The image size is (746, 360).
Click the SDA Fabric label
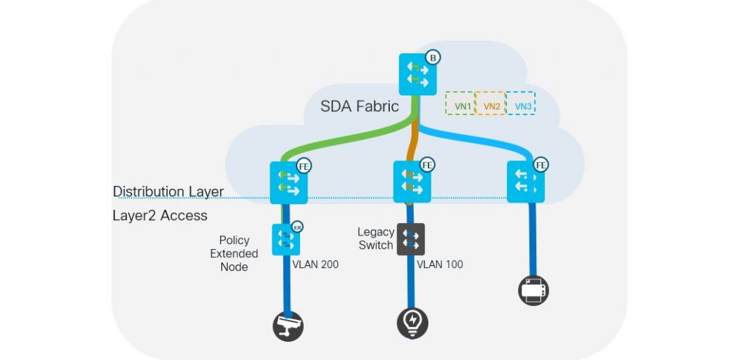[x=359, y=106]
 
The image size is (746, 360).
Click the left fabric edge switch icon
[x=289, y=183]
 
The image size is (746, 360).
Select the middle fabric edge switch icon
[x=413, y=183]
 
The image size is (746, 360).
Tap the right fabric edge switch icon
[x=525, y=183]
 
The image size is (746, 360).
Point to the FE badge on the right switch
[x=541, y=165]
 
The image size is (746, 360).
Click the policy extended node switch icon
[x=286, y=240]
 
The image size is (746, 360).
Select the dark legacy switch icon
[x=410, y=238]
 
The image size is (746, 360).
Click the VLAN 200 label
[x=315, y=265]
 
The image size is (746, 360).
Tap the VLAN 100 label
[x=439, y=265]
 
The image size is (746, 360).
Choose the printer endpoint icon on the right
[x=533, y=291]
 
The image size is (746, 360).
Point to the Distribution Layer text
[x=168, y=192]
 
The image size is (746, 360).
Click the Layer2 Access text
[x=160, y=216]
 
